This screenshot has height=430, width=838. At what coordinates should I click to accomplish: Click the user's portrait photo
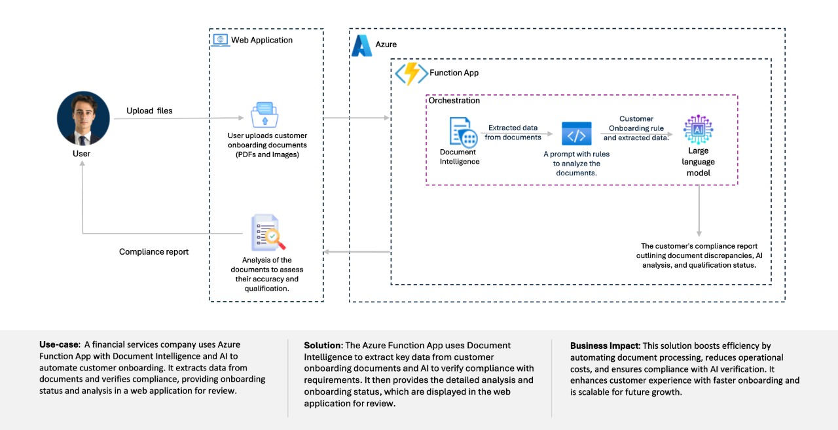click(83, 118)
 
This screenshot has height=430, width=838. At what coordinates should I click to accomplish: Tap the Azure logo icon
click(362, 46)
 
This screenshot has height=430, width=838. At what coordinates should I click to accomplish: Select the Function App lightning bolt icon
click(412, 74)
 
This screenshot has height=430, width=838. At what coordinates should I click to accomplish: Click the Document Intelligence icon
click(463, 132)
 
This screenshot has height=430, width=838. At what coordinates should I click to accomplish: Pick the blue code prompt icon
click(577, 134)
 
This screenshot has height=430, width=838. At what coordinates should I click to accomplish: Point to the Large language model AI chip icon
click(698, 130)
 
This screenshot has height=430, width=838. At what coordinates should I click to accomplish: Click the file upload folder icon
click(264, 115)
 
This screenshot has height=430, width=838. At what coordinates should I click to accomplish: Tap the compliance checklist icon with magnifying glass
click(268, 232)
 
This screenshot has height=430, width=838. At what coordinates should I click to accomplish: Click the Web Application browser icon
click(221, 40)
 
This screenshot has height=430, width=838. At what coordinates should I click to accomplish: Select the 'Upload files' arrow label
click(149, 111)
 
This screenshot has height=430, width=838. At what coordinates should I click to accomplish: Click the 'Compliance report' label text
click(154, 251)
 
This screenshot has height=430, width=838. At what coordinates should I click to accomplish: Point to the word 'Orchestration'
click(454, 100)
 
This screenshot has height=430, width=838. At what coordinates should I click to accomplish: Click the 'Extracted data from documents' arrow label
click(513, 132)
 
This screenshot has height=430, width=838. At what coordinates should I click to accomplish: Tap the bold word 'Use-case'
click(59, 344)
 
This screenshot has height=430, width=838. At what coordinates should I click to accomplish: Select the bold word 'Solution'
click(323, 345)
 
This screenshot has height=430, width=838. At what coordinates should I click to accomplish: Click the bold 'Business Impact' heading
click(605, 346)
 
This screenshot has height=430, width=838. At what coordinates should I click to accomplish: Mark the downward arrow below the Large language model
click(699, 211)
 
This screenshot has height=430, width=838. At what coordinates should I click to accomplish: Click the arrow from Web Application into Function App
click(356, 118)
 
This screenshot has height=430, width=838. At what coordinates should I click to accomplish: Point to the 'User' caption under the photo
click(82, 153)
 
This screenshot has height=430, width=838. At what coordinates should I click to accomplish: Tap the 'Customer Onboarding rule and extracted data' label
click(636, 128)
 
